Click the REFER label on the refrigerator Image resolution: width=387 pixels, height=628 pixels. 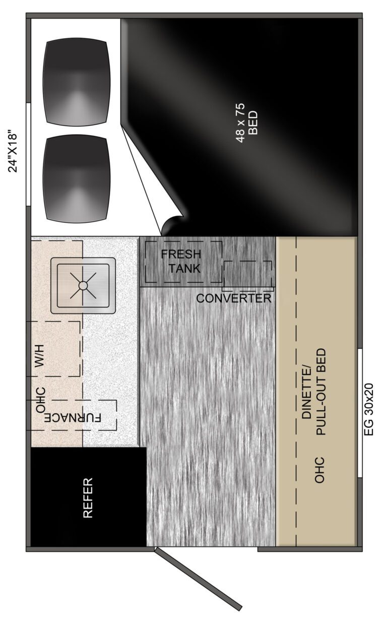tap(88, 498)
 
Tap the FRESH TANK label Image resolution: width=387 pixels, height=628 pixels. tap(181, 261)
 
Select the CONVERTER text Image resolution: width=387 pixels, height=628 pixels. tap(234, 298)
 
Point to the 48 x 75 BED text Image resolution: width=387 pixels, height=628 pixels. tap(246, 123)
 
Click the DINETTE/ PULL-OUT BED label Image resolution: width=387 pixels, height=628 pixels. tap(314, 392)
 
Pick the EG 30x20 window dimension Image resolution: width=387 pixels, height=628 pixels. tap(369, 409)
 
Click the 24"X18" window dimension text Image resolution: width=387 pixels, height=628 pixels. tap(13, 151)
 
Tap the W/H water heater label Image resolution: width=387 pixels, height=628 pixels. tap(39, 356)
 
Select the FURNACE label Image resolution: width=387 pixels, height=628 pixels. tap(73, 418)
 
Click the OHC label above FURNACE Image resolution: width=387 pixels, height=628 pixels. tap(41, 400)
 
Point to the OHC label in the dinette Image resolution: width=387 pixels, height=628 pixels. tap(319, 470)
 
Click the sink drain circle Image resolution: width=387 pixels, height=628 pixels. tap(83, 285)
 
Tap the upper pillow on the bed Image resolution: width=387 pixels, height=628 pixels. tap(76, 83)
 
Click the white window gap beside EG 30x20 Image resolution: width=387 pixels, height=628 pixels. tap(360, 413)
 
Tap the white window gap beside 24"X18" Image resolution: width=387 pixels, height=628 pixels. tap(28, 154)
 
